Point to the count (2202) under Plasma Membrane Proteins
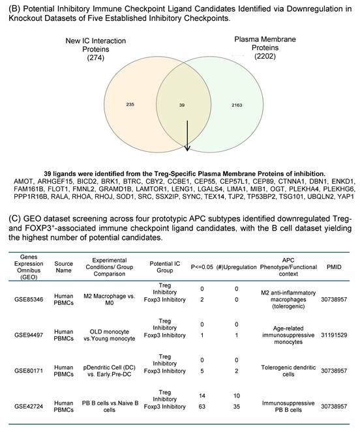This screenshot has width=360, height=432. [269, 57]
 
